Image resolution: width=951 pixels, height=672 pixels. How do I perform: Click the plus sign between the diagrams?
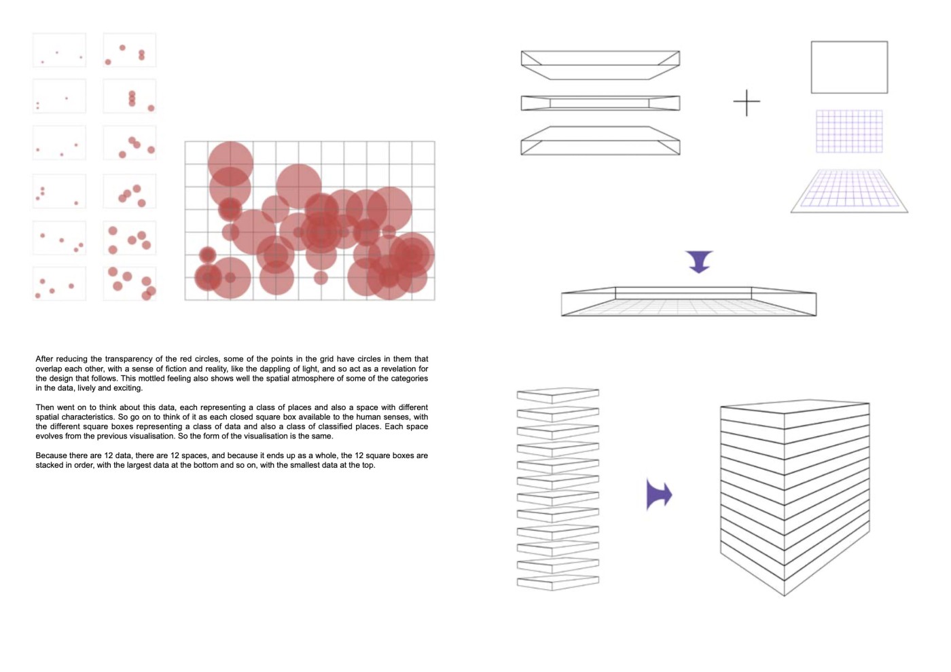747,102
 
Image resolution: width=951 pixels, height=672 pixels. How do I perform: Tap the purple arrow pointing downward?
699,261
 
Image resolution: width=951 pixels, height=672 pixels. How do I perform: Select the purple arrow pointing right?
658,494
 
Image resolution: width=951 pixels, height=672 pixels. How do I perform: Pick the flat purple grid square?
849,131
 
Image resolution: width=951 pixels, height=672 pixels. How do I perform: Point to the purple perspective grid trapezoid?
849,191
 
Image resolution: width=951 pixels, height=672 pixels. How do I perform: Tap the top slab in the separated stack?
558,395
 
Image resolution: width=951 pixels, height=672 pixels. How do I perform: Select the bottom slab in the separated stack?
558,582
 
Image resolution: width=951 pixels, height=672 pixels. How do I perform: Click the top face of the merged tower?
795,407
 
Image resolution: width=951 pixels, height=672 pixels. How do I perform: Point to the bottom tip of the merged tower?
784,596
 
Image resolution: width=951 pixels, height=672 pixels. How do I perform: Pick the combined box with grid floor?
689,301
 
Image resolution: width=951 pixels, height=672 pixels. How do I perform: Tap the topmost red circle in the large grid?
230,164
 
